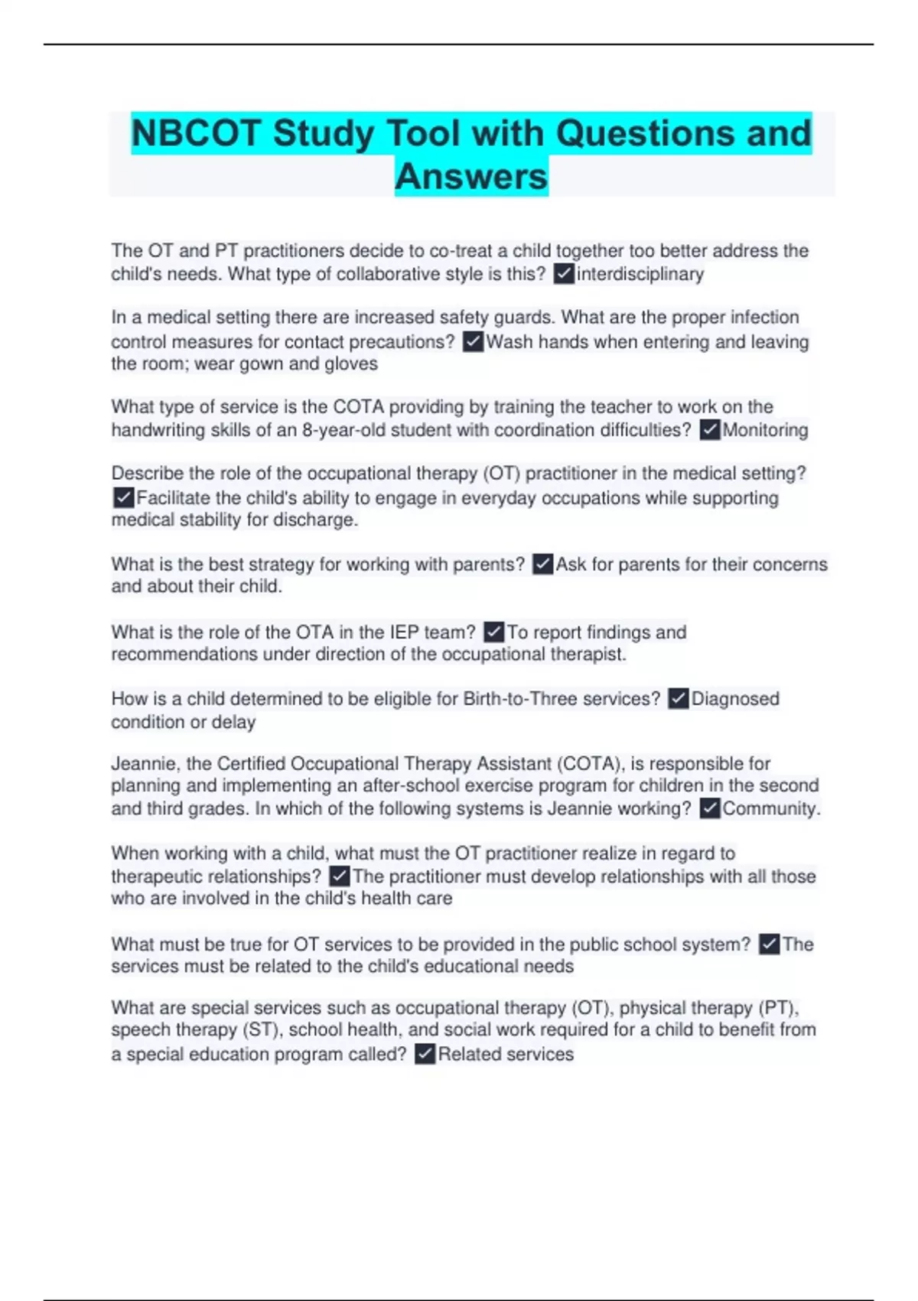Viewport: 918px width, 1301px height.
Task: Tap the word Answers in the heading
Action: tap(471, 177)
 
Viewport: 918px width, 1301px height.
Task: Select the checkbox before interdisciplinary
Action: tap(564, 274)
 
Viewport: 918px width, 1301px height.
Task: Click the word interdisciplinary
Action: tap(640, 274)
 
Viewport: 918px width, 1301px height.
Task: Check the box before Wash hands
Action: tap(474, 341)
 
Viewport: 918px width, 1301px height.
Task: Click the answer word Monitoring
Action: tap(765, 430)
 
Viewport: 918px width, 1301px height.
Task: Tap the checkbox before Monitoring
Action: tap(710, 430)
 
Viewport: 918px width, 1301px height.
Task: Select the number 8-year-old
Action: tap(343, 430)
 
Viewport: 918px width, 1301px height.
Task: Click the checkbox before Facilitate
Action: tap(123, 498)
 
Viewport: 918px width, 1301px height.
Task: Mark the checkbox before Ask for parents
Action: tap(542, 565)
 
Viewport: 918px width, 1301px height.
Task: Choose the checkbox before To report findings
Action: tap(494, 632)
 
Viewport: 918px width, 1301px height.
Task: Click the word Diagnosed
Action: tap(735, 699)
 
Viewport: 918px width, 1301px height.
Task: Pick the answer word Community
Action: tap(770, 809)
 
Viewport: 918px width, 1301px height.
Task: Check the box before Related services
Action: tap(425, 1055)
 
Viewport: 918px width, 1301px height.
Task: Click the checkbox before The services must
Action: tap(770, 944)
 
